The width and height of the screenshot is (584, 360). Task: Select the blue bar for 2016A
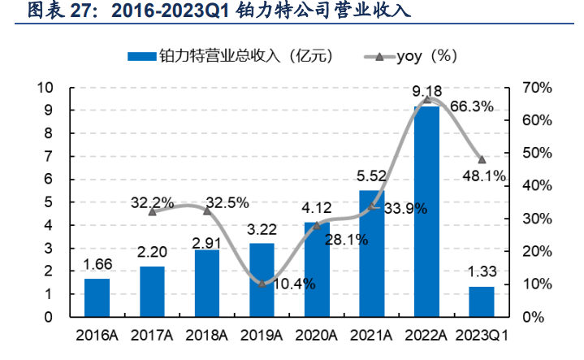(97, 297)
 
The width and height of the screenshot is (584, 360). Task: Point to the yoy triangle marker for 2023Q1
(482, 159)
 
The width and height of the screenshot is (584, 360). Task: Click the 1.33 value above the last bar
(482, 275)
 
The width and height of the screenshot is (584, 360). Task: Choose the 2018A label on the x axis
(207, 336)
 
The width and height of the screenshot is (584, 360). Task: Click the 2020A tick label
(317, 336)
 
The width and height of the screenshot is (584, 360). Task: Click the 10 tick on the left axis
(46, 87)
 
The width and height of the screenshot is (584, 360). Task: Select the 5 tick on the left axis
(50, 202)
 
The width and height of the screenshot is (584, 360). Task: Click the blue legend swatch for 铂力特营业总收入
(142, 56)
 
